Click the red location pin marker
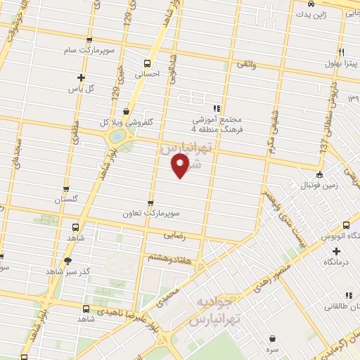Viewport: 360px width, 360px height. (181, 166)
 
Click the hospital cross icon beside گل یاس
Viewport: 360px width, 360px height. (82, 77)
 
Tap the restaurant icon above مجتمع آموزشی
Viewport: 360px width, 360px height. (216, 108)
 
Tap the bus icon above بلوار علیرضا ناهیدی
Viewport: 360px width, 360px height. (86, 309)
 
